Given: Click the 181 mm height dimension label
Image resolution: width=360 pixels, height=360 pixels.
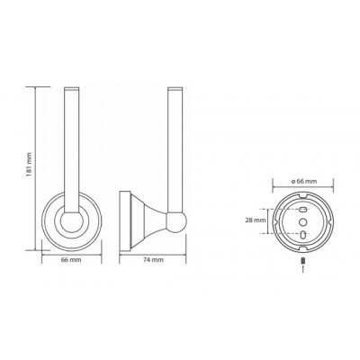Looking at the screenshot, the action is pyautogui.click(x=29, y=168).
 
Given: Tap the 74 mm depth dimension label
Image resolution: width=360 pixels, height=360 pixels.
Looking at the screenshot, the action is pyautogui.click(x=153, y=260).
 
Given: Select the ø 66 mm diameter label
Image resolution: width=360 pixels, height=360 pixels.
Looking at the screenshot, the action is pyautogui.click(x=303, y=181).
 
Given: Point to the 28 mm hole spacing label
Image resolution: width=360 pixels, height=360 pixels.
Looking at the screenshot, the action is pyautogui.click(x=256, y=220).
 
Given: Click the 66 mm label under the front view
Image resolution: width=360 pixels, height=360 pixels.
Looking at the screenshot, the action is pyautogui.click(x=71, y=260).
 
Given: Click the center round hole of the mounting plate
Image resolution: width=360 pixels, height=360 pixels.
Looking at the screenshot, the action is pyautogui.click(x=303, y=221).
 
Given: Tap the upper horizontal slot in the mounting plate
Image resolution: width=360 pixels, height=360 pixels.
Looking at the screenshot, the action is pyautogui.click(x=303, y=209).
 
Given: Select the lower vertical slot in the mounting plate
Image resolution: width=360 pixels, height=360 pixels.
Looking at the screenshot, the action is pyautogui.click(x=303, y=233).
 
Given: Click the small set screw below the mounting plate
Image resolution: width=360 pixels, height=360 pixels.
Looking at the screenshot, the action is pyautogui.click(x=303, y=261).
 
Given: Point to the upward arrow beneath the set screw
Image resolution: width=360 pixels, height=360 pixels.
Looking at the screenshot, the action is pyautogui.click(x=303, y=268).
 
